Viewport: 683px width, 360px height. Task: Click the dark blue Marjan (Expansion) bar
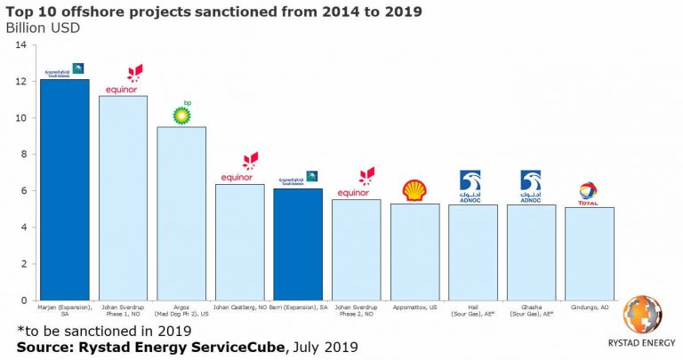point(64,190)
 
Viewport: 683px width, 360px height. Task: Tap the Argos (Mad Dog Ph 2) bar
point(181,213)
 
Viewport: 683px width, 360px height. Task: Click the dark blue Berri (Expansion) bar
point(298,244)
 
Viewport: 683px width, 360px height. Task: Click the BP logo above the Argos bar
point(182,113)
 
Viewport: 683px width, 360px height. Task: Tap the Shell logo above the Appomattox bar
point(414,189)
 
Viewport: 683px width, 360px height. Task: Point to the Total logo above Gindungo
point(588,193)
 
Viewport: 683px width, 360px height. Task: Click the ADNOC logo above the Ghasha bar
point(531,186)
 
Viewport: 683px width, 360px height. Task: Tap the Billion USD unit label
point(43,27)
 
